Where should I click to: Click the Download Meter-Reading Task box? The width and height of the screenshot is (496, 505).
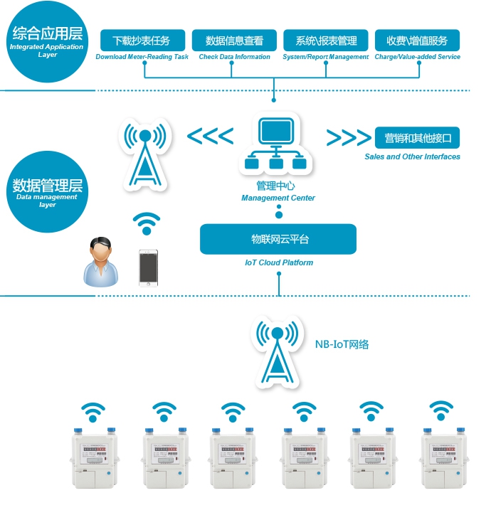[x=143, y=40]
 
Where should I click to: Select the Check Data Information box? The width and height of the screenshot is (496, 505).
[x=234, y=40]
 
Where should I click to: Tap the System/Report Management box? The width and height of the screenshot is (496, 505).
[x=326, y=40]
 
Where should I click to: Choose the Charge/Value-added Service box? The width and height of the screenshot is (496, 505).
[x=418, y=40]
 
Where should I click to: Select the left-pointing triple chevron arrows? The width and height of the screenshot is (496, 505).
[x=209, y=136]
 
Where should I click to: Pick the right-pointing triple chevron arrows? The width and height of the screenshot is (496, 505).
[x=348, y=136]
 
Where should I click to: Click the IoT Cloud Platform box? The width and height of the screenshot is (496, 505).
[x=278, y=240]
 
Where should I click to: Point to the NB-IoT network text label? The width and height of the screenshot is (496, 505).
[x=342, y=344]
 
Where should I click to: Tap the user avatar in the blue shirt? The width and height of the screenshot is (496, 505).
[x=101, y=262]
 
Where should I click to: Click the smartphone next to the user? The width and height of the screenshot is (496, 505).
[x=148, y=267]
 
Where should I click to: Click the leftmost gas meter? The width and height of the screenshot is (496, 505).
[x=94, y=457]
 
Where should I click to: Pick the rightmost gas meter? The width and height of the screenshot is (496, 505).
[x=444, y=457]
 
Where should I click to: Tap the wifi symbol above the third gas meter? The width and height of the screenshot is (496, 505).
[x=232, y=411]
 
